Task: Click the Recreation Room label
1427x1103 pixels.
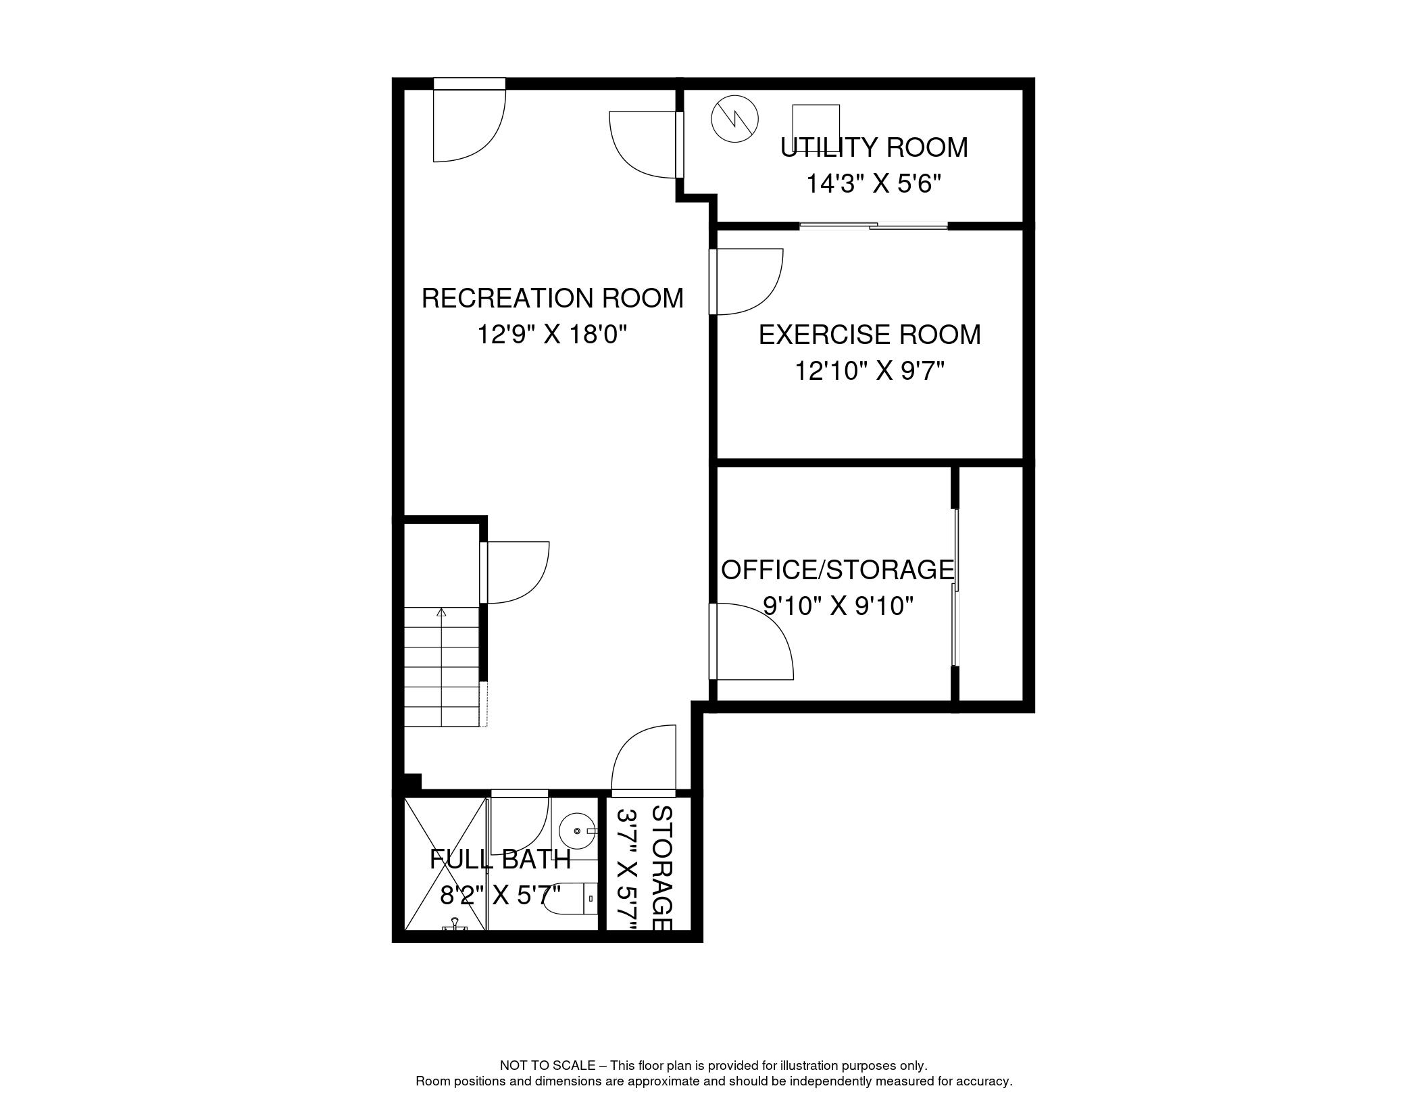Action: click(x=552, y=298)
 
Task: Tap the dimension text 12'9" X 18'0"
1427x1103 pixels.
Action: click(x=552, y=335)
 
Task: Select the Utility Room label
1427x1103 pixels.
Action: click(x=874, y=147)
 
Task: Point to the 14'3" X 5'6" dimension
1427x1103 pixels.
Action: click(x=874, y=184)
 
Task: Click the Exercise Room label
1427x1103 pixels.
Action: click(x=869, y=335)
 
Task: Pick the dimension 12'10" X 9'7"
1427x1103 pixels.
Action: click(x=869, y=371)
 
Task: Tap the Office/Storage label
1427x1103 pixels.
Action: click(x=838, y=570)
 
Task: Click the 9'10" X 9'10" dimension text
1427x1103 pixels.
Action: click(x=838, y=606)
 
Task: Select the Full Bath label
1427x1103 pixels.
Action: click(x=500, y=860)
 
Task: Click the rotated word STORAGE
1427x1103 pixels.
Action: click(x=661, y=868)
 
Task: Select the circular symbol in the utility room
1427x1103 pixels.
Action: click(x=734, y=119)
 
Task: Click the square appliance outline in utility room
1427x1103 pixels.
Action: click(x=816, y=125)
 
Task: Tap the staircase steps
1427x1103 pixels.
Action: click(x=442, y=669)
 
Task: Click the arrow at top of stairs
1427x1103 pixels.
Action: click(x=442, y=612)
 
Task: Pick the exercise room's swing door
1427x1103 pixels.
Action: click(x=747, y=280)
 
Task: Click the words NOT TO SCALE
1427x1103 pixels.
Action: click(x=547, y=1065)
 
